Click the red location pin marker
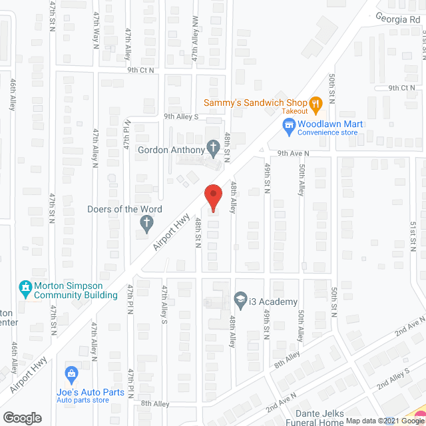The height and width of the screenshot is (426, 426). point(212,197)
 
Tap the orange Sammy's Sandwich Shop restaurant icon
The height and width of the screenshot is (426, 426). point(315,103)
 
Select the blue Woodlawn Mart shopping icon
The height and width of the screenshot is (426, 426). point(288,124)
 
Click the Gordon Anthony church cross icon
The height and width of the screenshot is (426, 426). point(213,148)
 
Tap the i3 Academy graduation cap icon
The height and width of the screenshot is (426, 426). point(240,301)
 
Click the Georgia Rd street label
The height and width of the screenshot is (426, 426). point(399,19)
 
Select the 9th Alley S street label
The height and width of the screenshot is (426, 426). point(181,116)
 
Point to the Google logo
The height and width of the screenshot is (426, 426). point(22,417)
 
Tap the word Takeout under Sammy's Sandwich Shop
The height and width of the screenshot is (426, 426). point(294,112)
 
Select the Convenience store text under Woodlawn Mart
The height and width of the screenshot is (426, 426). point(327,132)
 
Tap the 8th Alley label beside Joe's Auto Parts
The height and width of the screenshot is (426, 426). point(156,403)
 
